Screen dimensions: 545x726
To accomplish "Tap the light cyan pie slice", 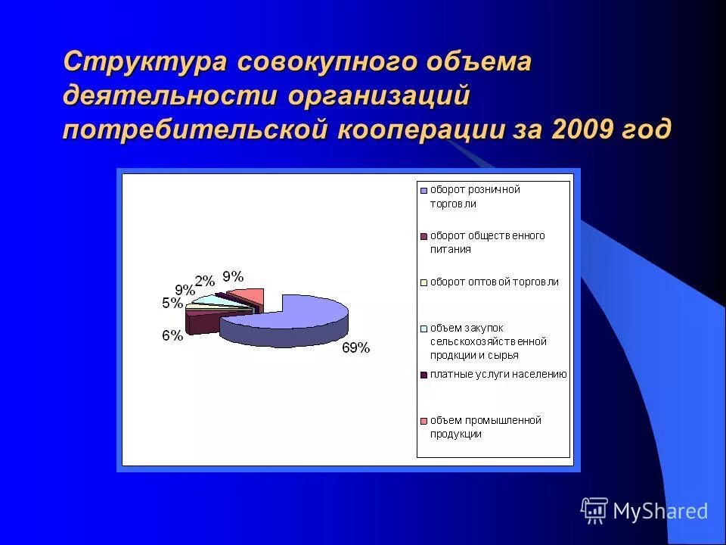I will coord(206,300).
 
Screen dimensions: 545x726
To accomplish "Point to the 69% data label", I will coord(355,348).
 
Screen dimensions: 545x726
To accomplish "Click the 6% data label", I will coord(172,335).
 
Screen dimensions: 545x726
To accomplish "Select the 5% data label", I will coord(172,304).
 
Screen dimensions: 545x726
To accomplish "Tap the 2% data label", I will coord(204,281).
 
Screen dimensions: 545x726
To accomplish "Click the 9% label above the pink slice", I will coord(232,276).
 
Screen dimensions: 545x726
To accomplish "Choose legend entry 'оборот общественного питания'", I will coord(487,242).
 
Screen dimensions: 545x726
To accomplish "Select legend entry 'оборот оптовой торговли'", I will coord(495,282).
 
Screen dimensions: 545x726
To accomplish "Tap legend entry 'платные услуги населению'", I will coord(498,374).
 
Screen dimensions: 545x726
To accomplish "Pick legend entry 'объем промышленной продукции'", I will coord(486,427).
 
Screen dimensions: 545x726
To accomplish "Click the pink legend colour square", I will coord(424,421).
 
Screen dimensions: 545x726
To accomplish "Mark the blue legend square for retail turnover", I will coord(424,190).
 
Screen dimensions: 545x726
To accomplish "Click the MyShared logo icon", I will coord(594,510).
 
